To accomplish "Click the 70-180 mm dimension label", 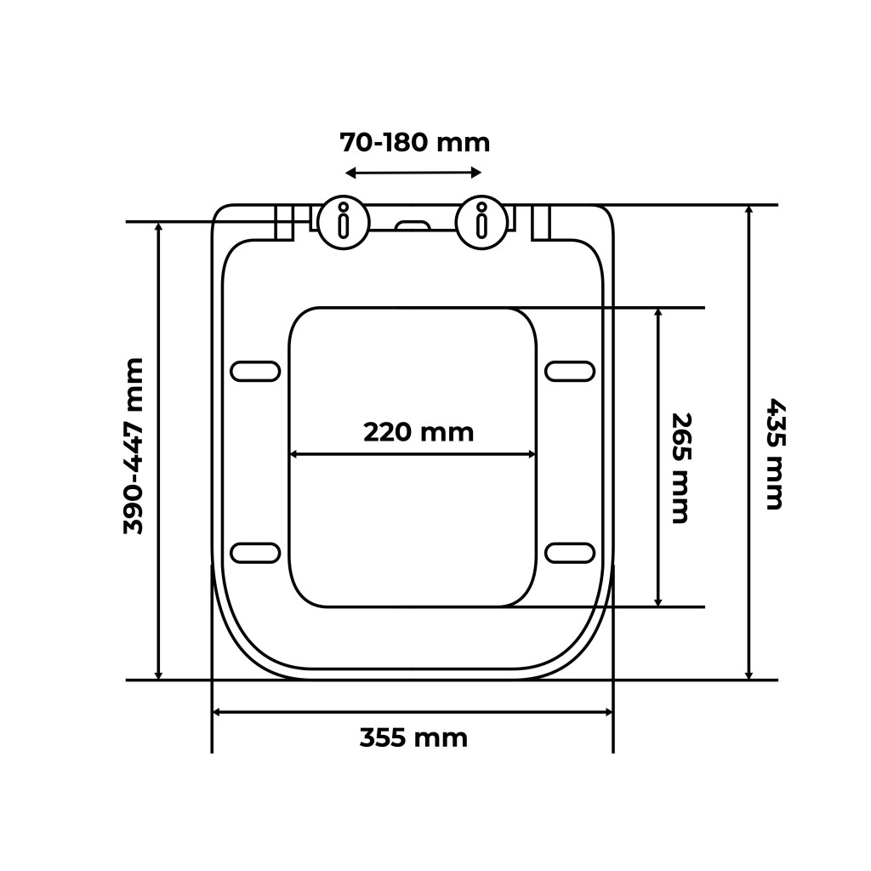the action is (415, 143).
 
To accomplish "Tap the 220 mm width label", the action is (418, 432).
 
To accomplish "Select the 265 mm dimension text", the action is (680, 468).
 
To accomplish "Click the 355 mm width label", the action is (414, 738).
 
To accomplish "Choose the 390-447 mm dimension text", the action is (134, 447).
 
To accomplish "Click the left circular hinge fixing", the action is (344, 223).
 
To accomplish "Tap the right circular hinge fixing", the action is (481, 223).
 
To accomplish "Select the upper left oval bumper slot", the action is (255, 371).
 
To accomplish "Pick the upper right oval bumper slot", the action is (570, 371).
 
